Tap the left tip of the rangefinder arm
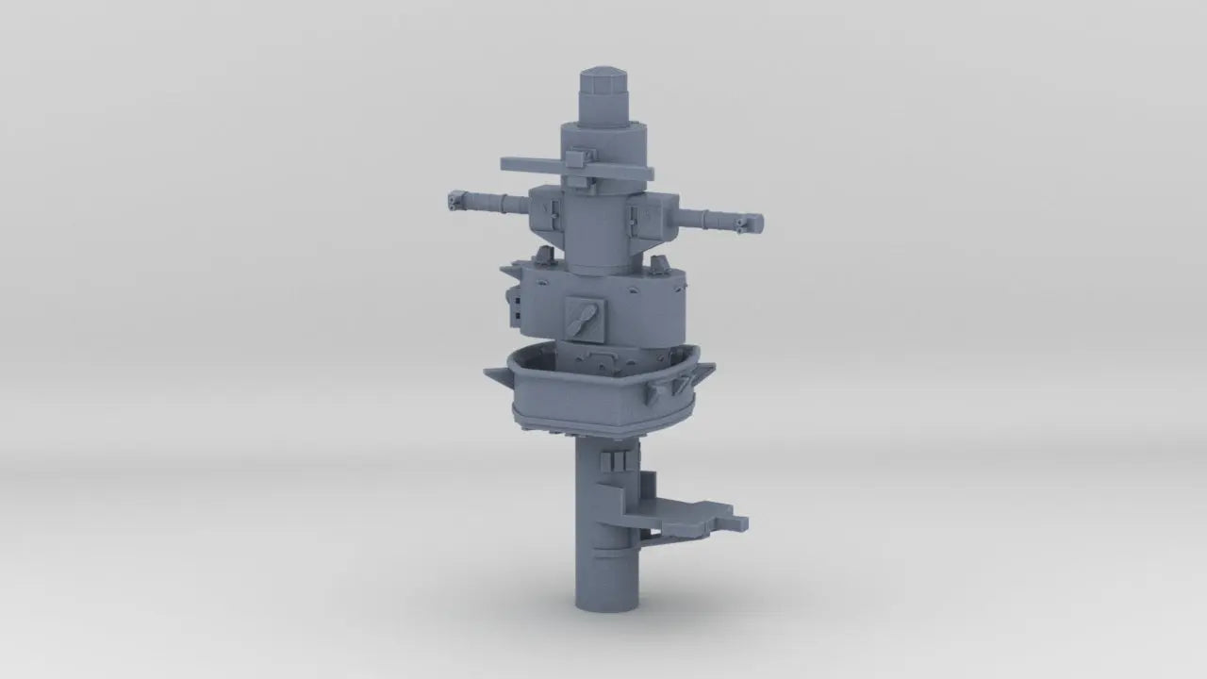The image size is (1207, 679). pos(456,199)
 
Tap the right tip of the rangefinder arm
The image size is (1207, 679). pos(753,224)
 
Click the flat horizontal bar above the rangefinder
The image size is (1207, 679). pos(575,169)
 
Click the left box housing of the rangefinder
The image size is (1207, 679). pos(544,212)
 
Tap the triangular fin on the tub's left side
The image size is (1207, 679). pos(495,377)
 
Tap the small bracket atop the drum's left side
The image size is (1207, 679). pos(542,255)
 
